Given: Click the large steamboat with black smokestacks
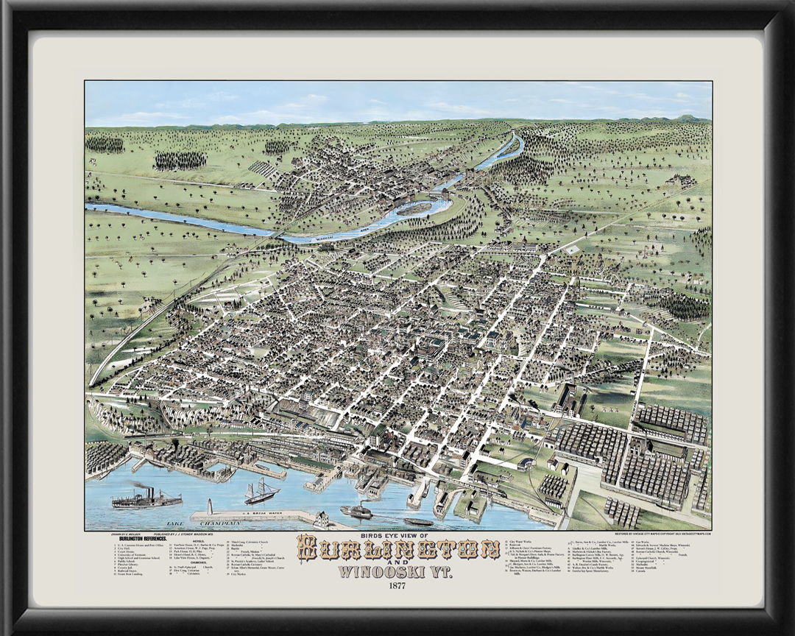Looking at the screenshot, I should pyautogui.click(x=146, y=501).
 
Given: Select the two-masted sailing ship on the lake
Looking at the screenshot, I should pyautogui.click(x=261, y=492).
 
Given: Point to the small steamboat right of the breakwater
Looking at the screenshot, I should pyautogui.click(x=356, y=511).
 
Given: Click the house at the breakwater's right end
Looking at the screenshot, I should pyautogui.click(x=322, y=519).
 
